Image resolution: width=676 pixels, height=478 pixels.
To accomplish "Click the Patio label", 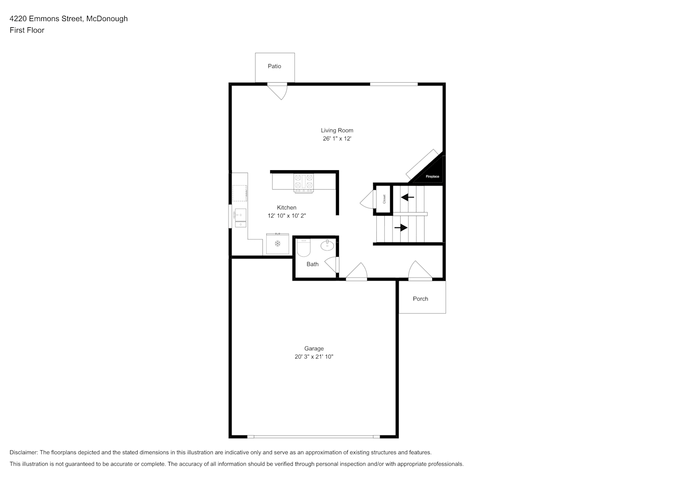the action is click(x=274, y=66).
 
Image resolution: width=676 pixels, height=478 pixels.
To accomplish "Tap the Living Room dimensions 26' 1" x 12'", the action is click(x=337, y=139).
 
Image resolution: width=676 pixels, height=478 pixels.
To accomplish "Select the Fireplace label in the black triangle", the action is click(x=433, y=176).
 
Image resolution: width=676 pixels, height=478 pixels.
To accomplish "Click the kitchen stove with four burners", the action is click(x=304, y=183).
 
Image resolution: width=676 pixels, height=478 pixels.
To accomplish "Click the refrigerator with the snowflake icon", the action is click(x=278, y=244).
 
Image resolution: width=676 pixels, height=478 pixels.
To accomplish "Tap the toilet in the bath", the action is click(x=304, y=248).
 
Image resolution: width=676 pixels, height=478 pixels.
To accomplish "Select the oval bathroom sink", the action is click(x=327, y=245).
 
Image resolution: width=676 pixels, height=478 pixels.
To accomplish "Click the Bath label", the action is click(x=312, y=264).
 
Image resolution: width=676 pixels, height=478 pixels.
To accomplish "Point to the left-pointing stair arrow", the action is click(x=407, y=197).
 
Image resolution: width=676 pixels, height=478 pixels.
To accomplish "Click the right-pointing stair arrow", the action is click(x=401, y=228).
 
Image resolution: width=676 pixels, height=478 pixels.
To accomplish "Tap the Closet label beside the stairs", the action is click(x=384, y=199).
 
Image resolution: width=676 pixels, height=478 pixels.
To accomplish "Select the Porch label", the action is click(x=420, y=299).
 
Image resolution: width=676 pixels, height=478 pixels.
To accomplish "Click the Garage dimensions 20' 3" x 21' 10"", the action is click(x=314, y=357).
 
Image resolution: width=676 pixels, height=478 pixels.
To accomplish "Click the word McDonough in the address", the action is click(x=107, y=19).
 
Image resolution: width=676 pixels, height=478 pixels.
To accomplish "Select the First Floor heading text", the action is click(x=27, y=30).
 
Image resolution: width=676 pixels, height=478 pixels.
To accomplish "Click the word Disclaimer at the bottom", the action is click(x=24, y=452).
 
